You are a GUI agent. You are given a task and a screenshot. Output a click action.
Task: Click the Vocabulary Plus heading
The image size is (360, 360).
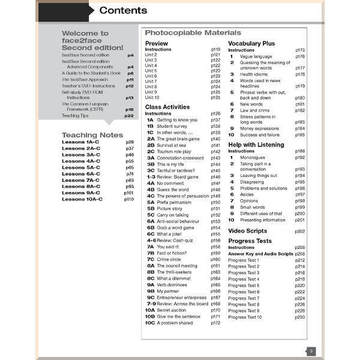point(251,44)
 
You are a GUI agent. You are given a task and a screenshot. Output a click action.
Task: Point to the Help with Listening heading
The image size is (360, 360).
point(259,145)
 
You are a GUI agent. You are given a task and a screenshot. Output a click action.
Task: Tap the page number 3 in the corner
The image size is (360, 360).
point(311,351)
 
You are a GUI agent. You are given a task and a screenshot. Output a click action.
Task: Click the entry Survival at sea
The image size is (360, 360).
point(175,145)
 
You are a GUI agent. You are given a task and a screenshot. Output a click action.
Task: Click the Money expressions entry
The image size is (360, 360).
point(259,128)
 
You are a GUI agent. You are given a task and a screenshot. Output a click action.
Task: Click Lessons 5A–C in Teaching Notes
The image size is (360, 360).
point(82,167)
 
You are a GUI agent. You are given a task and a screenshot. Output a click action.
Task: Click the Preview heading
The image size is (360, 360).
point(157,44)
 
